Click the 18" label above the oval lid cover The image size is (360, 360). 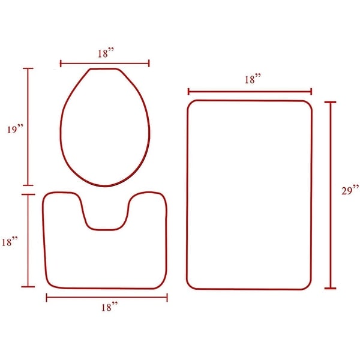[x=105, y=53]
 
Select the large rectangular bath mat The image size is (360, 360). [x=249, y=195]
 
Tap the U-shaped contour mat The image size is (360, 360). [x=106, y=258]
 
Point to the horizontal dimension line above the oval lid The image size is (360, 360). [x=105, y=62]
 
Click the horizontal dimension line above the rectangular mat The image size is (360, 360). [x=250, y=92]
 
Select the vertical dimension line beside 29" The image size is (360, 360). [x=331, y=195]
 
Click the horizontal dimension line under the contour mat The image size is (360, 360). [x=107, y=297]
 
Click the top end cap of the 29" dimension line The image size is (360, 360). [x=331, y=103]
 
